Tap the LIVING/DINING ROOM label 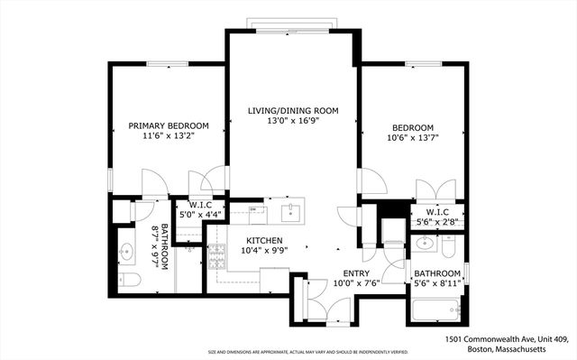coord(293,110)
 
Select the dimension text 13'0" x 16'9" coord(293,122)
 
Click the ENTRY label coord(357,273)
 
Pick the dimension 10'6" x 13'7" coord(413,139)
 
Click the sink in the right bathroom coord(426,244)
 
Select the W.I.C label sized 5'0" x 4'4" coord(199,209)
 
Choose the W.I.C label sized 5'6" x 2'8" coord(437,217)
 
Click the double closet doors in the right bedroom coord(435,189)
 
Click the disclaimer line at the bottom coord(307,353)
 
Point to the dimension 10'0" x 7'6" coord(357,284)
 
